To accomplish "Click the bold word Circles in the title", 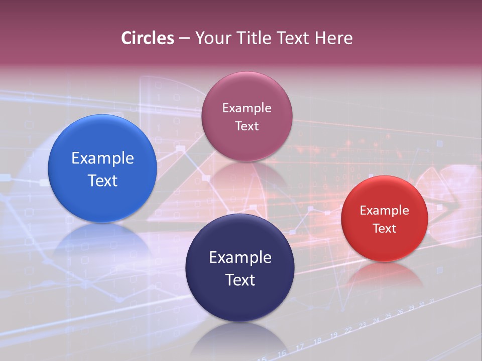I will tap(148, 38).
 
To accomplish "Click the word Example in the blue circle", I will tap(102, 158).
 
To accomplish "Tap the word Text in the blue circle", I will tap(102, 180).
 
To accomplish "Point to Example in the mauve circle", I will tap(247, 108).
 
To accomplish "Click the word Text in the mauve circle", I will tap(247, 126).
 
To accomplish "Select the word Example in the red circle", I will tap(384, 210).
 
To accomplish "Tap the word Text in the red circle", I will tap(384, 228).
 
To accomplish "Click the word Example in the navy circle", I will tap(239, 257).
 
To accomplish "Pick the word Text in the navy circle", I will tap(239, 280).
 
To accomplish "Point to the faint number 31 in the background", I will tap(432, 301).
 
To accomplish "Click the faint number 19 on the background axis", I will tap(333, 335).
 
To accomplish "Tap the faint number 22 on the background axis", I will tap(348, 331).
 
